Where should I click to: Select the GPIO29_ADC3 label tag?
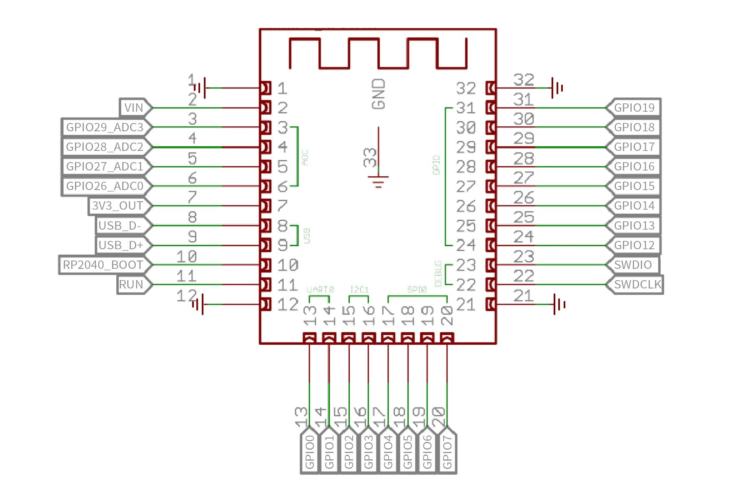coord(105,128)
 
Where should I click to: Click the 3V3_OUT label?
coord(118,206)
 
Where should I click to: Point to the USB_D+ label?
coord(121,245)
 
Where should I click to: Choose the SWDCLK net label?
coord(637,285)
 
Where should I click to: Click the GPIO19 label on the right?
coord(634,108)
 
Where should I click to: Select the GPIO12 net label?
coord(634,245)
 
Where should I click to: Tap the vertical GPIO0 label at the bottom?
coord(310,452)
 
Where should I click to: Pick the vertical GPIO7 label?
coord(447,452)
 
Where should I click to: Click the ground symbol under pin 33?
coord(378,181)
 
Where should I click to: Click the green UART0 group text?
coord(320,289)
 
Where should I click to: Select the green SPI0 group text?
coord(417,289)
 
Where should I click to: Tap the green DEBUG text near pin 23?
coord(438,274)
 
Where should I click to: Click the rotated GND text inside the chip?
coord(379,95)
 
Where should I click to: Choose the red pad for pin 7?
coord(265,206)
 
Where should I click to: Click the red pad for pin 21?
coord(491,305)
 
